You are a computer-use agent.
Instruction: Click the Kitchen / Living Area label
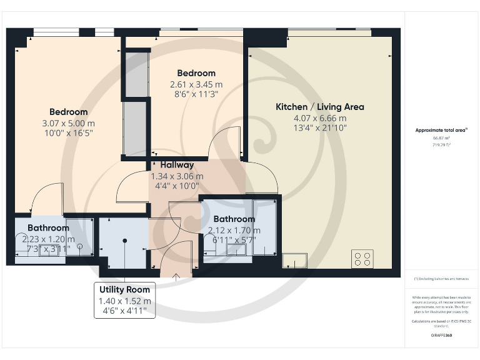pyautogui.click(x=319, y=107)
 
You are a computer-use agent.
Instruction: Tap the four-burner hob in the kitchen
pyautogui.click(x=362, y=258)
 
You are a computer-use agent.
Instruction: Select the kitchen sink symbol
pyautogui.click(x=294, y=260)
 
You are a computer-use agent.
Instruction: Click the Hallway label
pyautogui.click(x=177, y=165)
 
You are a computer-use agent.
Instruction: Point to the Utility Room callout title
pyautogui.click(x=125, y=290)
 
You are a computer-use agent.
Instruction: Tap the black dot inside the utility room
pyautogui.click(x=124, y=241)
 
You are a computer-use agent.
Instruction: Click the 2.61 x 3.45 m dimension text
pyautogui.click(x=196, y=84)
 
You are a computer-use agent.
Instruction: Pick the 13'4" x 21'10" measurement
pyautogui.click(x=319, y=128)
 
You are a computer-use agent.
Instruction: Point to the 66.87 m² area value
pyautogui.click(x=441, y=138)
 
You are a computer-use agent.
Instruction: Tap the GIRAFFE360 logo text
pyautogui.click(x=441, y=336)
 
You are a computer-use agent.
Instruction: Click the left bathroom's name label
pyautogui.click(x=48, y=228)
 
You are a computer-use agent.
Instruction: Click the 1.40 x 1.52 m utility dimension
pyautogui.click(x=125, y=301)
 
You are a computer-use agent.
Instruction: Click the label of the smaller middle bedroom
pyautogui.click(x=196, y=73)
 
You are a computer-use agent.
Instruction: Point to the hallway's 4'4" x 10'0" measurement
pyautogui.click(x=177, y=186)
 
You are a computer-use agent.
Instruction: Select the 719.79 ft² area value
pyautogui.click(x=441, y=144)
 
